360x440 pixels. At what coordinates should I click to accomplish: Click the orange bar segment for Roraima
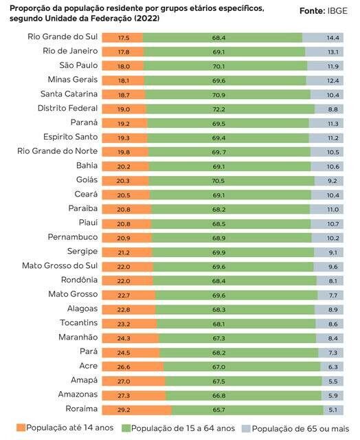point(137,410)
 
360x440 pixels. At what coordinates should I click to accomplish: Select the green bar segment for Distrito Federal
point(230,109)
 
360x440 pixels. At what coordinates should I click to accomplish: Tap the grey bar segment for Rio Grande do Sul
point(323,38)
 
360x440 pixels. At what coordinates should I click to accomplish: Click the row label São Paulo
point(78,65)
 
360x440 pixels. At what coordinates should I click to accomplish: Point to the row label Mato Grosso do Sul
point(60,265)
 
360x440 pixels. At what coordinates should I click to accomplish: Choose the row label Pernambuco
point(73,237)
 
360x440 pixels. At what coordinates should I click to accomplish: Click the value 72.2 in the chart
point(218,109)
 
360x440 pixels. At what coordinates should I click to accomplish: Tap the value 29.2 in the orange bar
point(124,410)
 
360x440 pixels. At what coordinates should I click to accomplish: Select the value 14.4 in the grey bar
point(333,38)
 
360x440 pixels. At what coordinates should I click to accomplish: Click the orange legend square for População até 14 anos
point(21,428)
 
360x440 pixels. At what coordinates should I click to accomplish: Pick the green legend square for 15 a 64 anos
point(126,428)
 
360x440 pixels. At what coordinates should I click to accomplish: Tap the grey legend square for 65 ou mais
point(246,429)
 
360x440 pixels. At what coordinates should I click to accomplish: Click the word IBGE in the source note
point(337,11)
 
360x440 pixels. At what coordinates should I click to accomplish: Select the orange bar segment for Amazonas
point(134,396)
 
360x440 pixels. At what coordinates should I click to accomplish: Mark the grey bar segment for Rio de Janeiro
point(324,52)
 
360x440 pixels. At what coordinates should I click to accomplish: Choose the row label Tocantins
point(79,322)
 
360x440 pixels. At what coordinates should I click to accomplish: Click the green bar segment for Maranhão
point(238,338)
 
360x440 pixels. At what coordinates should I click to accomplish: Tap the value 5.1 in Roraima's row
point(333,410)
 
